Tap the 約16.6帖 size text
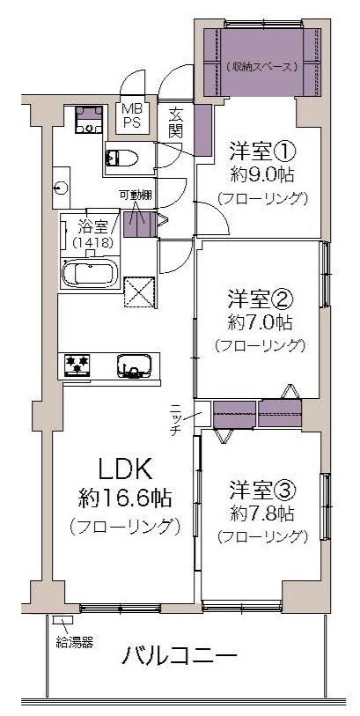(x=125, y=498)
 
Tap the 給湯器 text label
(x=75, y=643)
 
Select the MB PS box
(x=132, y=118)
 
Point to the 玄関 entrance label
(x=176, y=122)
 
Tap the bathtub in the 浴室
(x=90, y=274)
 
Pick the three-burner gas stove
(x=77, y=365)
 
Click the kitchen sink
(x=135, y=365)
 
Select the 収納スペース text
(x=262, y=67)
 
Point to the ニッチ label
(x=177, y=417)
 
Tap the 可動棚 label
(x=136, y=196)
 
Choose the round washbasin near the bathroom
(x=60, y=188)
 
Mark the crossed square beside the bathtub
(x=141, y=292)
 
